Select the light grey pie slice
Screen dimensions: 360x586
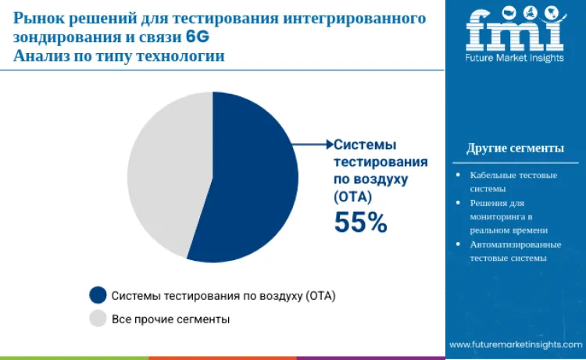pyautogui.click(x=164, y=172)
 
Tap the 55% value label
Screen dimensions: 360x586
pyautogui.click(x=360, y=223)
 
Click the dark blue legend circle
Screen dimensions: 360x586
pyautogui.click(x=98, y=296)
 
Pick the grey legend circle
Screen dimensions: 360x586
pyautogui.click(x=98, y=319)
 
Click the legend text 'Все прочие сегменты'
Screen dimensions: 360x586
pyautogui.click(x=170, y=319)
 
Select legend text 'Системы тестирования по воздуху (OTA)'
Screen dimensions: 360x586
pyautogui.click(x=223, y=297)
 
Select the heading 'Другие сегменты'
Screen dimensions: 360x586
pyautogui.click(x=515, y=148)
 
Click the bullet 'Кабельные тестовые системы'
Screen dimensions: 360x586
pyautogui.click(x=513, y=181)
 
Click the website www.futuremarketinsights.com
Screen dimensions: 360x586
pyautogui.click(x=515, y=344)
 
